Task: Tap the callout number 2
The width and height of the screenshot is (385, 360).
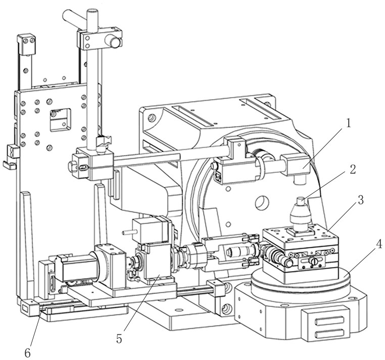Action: point(353,169)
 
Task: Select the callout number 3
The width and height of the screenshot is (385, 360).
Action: point(360,200)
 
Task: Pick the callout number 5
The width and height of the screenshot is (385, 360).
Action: point(119,339)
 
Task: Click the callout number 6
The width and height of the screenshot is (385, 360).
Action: point(27,353)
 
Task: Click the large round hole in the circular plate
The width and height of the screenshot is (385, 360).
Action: point(262,202)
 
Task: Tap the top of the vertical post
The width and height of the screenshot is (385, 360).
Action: point(92,11)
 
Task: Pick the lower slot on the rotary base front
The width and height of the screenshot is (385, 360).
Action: point(329,334)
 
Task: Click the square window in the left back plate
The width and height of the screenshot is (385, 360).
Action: point(60,120)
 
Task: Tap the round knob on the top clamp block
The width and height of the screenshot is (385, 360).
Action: point(115,42)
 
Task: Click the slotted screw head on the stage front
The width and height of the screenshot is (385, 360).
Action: point(315,261)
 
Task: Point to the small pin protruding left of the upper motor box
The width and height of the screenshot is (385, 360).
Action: point(128,232)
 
